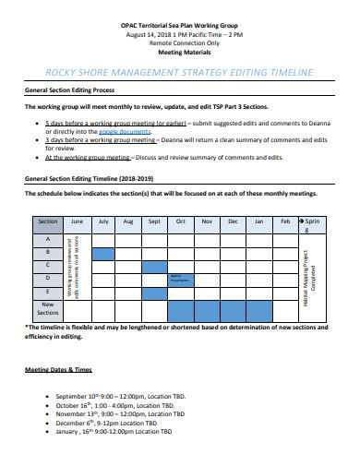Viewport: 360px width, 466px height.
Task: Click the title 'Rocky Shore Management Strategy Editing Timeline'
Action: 179,72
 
